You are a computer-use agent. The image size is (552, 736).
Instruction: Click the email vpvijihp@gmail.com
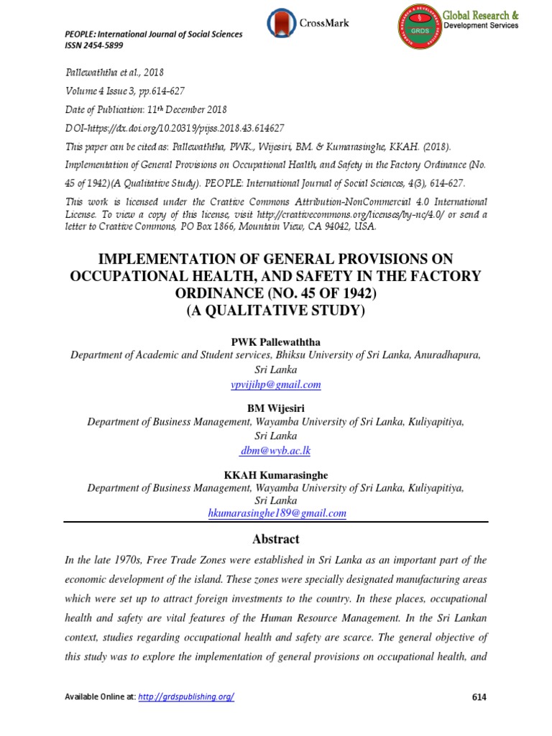[x=276, y=385]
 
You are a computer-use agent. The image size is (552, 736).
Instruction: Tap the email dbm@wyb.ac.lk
[x=276, y=451]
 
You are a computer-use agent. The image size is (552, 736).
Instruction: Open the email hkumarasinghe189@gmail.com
[x=276, y=513]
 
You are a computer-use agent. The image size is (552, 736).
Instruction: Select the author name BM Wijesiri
[x=276, y=408]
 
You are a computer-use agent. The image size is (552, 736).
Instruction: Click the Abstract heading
[x=276, y=539]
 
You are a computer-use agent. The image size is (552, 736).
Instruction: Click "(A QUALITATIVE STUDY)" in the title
[x=276, y=310]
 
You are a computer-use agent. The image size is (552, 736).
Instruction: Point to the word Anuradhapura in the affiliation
[x=440, y=355]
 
